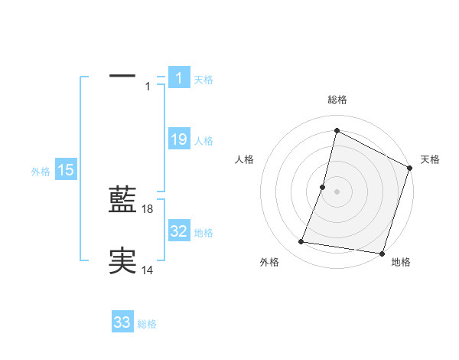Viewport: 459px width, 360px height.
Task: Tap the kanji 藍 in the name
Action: pos(122,201)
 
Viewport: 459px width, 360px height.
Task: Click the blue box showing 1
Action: pos(178,78)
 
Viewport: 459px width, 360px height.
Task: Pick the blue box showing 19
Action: pos(178,139)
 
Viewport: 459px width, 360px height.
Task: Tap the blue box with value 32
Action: pos(178,231)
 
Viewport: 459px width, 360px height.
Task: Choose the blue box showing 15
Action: pos(66,170)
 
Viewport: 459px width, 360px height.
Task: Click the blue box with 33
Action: pos(122,322)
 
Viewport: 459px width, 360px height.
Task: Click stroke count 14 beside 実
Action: pos(148,269)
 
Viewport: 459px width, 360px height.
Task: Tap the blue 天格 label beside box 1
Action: pos(203,79)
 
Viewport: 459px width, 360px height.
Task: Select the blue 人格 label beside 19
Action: pos(203,141)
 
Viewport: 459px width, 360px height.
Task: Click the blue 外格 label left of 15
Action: pos(41,172)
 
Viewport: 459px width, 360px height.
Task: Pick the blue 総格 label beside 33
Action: pos(147,324)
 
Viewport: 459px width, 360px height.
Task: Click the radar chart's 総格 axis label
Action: pos(337,100)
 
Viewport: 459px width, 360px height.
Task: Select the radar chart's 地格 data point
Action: pos(382,253)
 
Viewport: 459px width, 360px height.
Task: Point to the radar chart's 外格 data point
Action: pos(301,242)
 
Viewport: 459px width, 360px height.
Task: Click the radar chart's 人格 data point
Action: pos(323,186)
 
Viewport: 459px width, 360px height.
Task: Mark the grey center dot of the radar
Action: pos(337,191)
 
